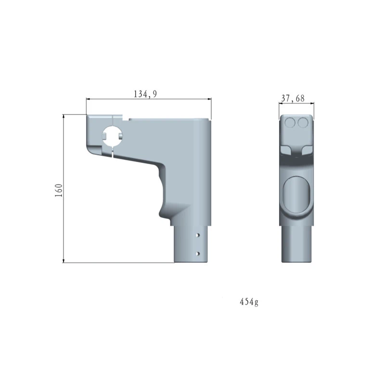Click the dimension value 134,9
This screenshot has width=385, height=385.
[145, 95]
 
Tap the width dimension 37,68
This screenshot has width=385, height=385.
[293, 99]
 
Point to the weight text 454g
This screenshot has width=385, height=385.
[249, 302]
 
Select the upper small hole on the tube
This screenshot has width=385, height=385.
[198, 236]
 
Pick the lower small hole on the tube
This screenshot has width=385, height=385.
[198, 253]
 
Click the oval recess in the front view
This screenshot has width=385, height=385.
[295, 196]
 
